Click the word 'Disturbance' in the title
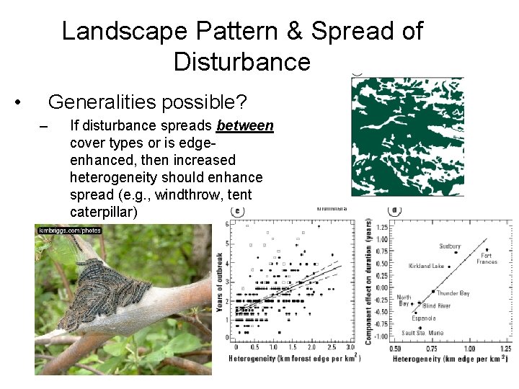click(x=241, y=62)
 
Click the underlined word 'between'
click(x=244, y=126)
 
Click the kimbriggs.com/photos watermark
click(x=70, y=231)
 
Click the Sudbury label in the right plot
click(x=449, y=246)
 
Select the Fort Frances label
click(x=487, y=259)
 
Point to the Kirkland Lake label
click(x=427, y=266)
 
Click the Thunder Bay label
click(x=453, y=293)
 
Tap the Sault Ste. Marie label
click(x=422, y=333)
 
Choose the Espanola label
click(x=423, y=318)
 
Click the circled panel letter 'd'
click(x=394, y=211)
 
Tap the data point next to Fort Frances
click(x=486, y=250)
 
